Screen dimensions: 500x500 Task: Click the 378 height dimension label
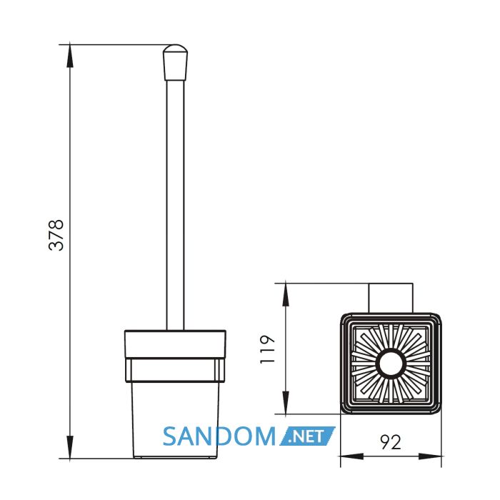pyautogui.click(x=56, y=235)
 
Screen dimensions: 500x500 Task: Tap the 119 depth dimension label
pyautogui.click(x=267, y=349)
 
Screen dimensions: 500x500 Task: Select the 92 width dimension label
pyautogui.click(x=391, y=442)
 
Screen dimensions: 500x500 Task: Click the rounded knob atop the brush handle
pyautogui.click(x=176, y=62)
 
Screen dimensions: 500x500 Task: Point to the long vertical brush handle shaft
pyautogui.click(x=176, y=205)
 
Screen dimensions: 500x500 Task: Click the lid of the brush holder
pyautogui.click(x=175, y=344)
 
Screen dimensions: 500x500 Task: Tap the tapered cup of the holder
pyautogui.click(x=175, y=420)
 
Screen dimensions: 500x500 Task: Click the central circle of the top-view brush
pyautogui.click(x=391, y=364)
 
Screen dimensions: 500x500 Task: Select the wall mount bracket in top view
pyautogui.click(x=391, y=298)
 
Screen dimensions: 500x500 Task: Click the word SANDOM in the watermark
pyautogui.click(x=219, y=436)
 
